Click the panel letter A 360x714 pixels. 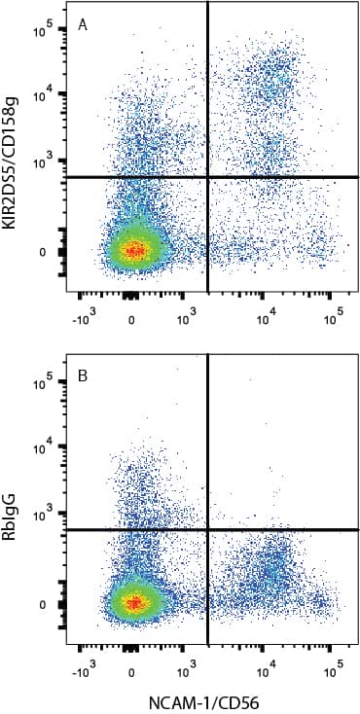click(84, 26)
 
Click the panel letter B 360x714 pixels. click(84, 380)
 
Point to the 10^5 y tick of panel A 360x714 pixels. click(42, 32)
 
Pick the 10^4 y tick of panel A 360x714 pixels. click(42, 94)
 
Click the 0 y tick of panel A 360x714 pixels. click(44, 252)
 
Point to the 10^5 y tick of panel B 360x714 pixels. click(42, 385)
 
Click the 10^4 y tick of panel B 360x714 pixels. click(42, 447)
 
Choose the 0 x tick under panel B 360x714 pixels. click(132, 670)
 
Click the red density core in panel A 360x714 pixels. click(133, 250)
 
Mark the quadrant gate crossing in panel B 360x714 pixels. click(208, 530)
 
